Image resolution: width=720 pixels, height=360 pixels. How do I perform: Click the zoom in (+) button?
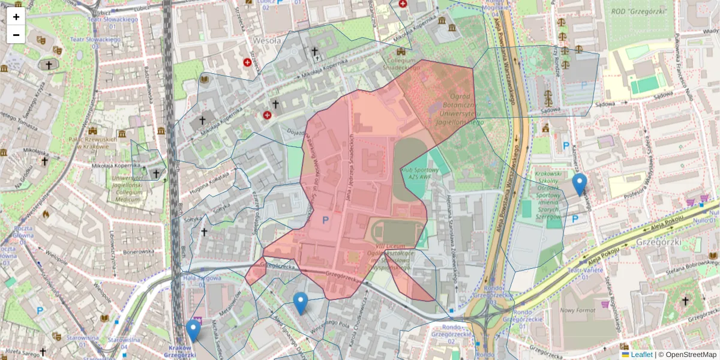pos(16,17)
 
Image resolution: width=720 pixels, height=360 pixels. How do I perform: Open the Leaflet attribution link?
pos(640,355)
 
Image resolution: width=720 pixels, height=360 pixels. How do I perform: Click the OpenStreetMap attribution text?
pos(690,355)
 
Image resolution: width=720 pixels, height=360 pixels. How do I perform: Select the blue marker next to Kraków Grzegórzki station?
pos(193,331)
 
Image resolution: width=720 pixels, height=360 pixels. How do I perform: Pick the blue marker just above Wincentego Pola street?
pos(301,303)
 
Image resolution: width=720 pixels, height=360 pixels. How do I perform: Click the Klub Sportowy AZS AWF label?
pos(419,174)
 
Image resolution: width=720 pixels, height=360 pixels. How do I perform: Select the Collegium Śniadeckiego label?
pos(401,64)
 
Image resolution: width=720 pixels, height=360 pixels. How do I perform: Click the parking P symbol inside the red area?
pos(326,221)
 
